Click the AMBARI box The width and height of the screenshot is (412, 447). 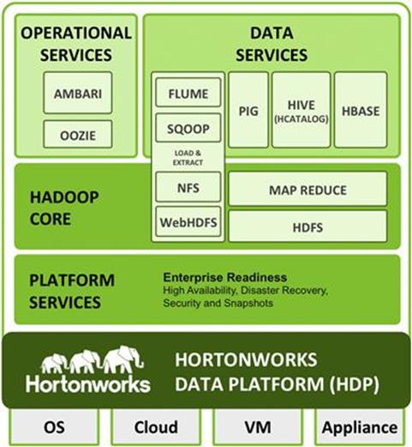[78, 93]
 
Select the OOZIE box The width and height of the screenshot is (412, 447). [78, 135]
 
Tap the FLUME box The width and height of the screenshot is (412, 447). [188, 93]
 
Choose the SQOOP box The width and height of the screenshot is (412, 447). [188, 128]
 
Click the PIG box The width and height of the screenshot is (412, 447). [248, 110]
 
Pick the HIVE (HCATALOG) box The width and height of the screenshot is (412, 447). [302, 110]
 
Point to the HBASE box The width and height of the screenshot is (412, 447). [361, 110]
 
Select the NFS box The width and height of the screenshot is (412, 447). [188, 187]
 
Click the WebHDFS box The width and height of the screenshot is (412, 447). [188, 221]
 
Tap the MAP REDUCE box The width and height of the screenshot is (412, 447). [308, 189]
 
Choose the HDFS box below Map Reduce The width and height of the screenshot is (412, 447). [308, 227]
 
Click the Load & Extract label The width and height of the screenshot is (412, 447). [188, 158]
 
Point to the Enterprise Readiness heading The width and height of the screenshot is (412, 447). [225, 277]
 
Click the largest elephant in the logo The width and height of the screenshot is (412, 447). [122, 359]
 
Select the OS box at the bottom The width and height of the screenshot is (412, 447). [54, 427]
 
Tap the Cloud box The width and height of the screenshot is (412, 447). [156, 427]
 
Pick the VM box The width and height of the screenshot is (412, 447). [258, 427]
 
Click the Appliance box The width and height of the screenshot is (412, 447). [360, 427]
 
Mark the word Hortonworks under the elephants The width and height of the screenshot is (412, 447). [88, 384]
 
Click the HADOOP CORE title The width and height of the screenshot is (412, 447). [64, 208]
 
